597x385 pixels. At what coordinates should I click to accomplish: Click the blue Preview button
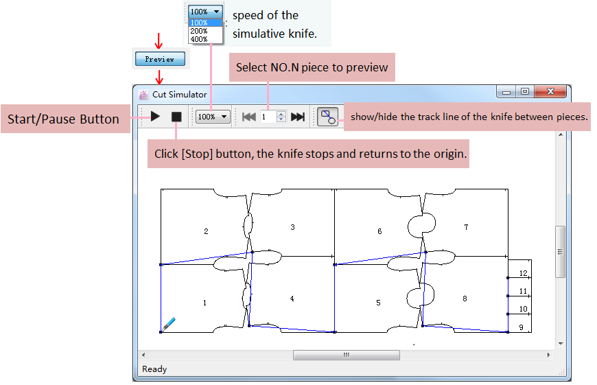click(x=160, y=59)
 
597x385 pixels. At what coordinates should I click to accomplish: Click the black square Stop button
click(x=176, y=117)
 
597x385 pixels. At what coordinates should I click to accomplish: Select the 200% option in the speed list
click(x=199, y=31)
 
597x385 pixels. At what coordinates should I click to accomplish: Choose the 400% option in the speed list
click(x=199, y=39)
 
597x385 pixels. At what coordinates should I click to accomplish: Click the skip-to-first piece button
click(x=249, y=117)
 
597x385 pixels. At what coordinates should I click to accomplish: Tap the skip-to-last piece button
click(x=298, y=117)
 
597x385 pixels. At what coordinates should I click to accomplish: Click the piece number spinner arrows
click(x=281, y=117)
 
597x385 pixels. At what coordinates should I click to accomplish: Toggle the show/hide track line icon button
click(x=328, y=117)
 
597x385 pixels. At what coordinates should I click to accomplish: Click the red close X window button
click(x=550, y=91)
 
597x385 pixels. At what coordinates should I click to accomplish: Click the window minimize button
click(x=506, y=92)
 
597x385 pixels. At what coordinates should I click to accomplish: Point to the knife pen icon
click(x=168, y=324)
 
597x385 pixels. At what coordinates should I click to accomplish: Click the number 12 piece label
click(x=523, y=273)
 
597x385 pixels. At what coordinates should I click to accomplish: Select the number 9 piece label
click(x=522, y=327)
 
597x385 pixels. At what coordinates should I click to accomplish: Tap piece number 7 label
click(x=466, y=227)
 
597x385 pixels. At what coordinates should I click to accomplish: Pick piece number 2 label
click(x=206, y=231)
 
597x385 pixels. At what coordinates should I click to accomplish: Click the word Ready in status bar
click(x=154, y=369)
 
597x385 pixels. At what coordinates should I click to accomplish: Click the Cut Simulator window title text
click(x=179, y=95)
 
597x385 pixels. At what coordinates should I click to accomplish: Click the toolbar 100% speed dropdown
click(x=213, y=117)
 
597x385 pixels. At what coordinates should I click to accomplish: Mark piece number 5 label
click(x=378, y=303)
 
